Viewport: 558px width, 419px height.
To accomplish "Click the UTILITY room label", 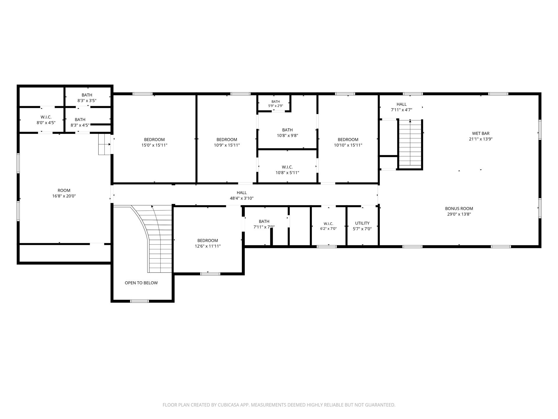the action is (x=362, y=223).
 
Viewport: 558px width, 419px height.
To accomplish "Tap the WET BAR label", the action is (x=481, y=134).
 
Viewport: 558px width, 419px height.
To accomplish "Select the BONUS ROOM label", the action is (x=459, y=209).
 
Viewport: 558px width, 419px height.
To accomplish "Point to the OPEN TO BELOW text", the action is (x=141, y=283).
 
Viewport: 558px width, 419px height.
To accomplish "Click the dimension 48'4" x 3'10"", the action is (x=242, y=198).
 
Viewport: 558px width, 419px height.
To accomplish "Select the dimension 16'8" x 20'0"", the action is (x=64, y=196).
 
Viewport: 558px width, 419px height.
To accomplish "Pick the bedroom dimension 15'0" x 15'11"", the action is (x=154, y=145).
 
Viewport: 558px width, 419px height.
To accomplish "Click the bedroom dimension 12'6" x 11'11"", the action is (x=208, y=246).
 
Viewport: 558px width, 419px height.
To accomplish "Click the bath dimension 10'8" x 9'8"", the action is (x=287, y=136).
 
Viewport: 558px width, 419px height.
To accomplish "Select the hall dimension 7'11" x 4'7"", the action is (x=402, y=110).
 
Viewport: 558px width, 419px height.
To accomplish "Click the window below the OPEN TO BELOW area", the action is (x=139, y=301).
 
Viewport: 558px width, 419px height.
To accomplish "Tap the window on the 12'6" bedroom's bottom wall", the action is (x=210, y=274).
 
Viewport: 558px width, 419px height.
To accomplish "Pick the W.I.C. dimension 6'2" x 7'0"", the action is (x=328, y=229).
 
